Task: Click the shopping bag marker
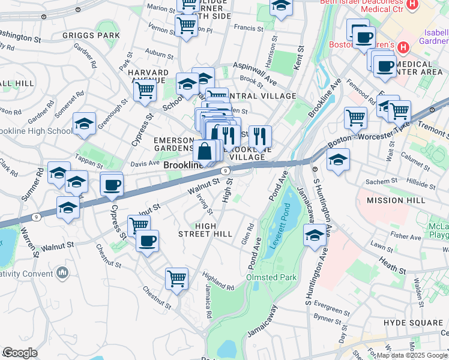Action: (x=205, y=153)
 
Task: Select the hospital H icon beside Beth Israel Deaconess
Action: (x=412, y=5)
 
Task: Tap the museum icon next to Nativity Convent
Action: (x=62, y=274)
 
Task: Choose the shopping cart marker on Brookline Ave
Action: (x=356, y=118)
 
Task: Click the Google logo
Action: (x=20, y=353)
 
